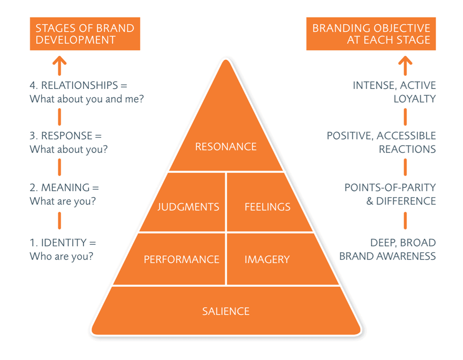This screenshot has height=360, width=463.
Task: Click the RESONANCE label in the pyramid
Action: (x=225, y=147)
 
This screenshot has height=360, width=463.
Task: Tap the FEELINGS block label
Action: (x=267, y=207)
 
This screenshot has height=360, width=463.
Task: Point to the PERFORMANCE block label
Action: (x=181, y=260)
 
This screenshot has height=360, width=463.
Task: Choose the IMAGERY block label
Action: (x=267, y=260)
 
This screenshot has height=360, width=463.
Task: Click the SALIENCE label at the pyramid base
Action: (x=225, y=311)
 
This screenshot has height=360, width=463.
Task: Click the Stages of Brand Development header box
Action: (x=85, y=34)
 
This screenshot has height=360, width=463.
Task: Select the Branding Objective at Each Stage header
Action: (x=371, y=34)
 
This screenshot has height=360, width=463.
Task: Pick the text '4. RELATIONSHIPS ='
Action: (x=78, y=86)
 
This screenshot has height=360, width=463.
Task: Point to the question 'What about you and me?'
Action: (x=87, y=99)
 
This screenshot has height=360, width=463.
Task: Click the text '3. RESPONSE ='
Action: (x=65, y=136)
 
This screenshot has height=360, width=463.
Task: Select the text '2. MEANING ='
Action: (x=64, y=188)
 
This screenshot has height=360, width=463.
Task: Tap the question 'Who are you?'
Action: (x=61, y=256)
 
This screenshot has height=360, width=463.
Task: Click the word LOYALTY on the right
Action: (x=414, y=99)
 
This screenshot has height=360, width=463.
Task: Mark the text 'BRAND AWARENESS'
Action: (x=388, y=256)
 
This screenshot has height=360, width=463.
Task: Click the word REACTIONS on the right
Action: (x=407, y=149)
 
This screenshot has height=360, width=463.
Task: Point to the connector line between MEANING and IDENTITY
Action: (x=60, y=221)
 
